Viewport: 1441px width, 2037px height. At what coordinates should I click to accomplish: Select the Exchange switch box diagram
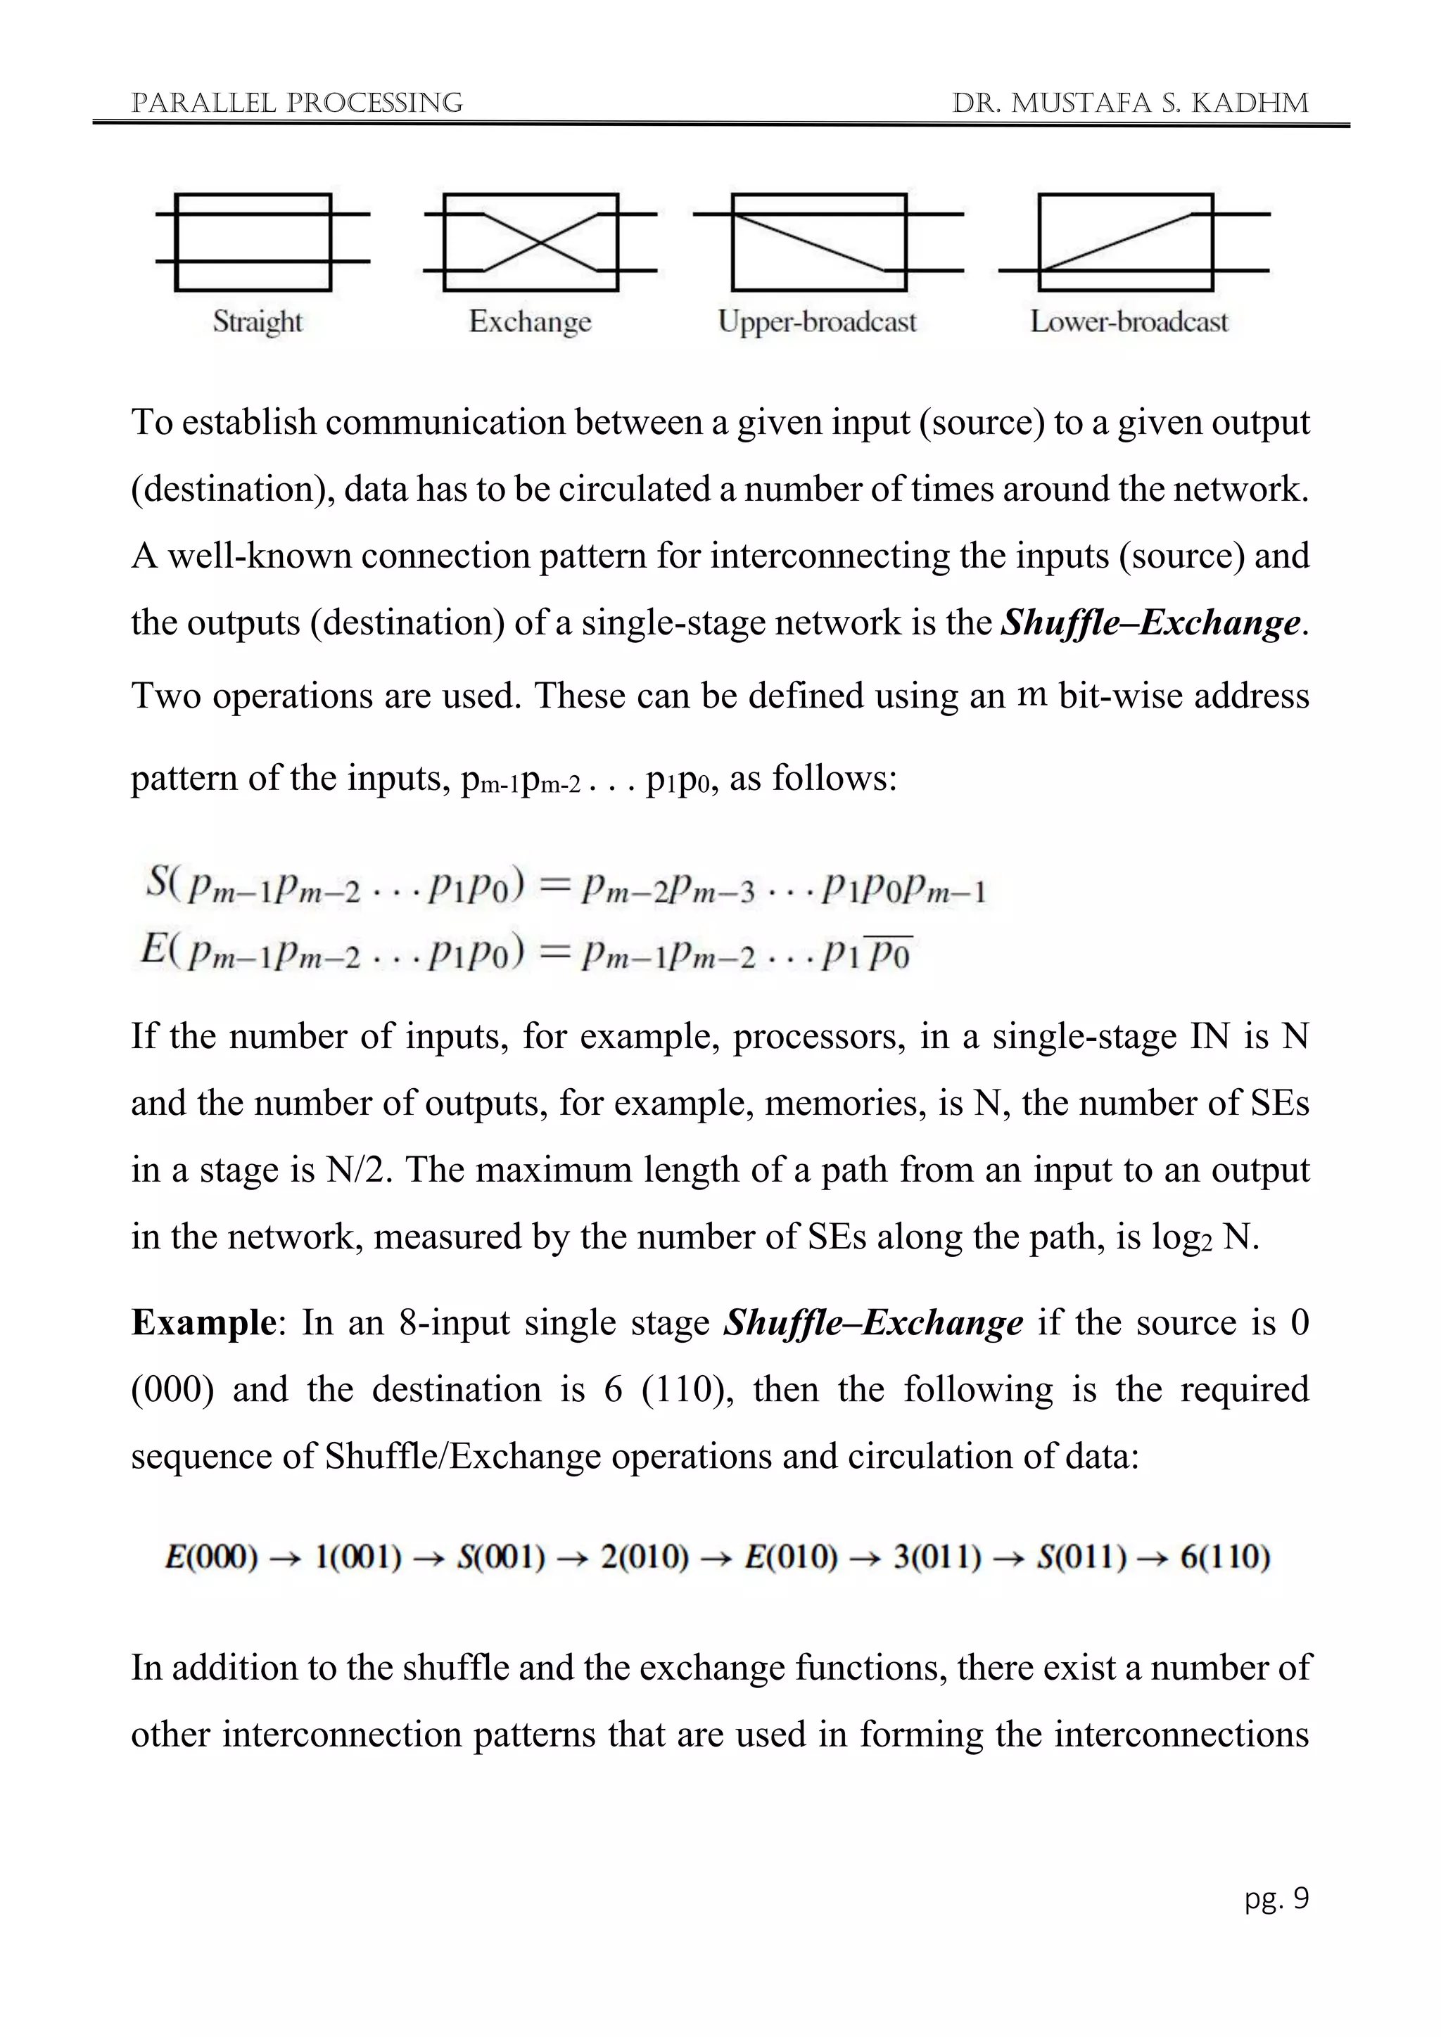click(x=531, y=241)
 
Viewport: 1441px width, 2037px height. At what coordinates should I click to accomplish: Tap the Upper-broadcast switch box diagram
click(x=818, y=241)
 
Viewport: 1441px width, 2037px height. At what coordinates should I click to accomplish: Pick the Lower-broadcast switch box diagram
click(x=1125, y=241)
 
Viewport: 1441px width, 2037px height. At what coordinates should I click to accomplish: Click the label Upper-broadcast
click(x=816, y=321)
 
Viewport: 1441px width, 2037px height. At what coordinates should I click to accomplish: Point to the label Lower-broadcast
click(x=1129, y=321)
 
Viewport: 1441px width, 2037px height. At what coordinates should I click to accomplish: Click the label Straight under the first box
click(x=258, y=321)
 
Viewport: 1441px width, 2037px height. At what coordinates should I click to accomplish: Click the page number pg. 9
click(x=1276, y=1898)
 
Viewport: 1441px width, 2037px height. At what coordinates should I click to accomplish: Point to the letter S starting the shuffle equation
click(x=157, y=883)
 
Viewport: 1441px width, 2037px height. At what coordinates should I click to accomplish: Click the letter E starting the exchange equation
click(x=153, y=950)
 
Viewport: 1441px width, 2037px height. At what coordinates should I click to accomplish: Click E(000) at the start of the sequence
click(x=211, y=1557)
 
